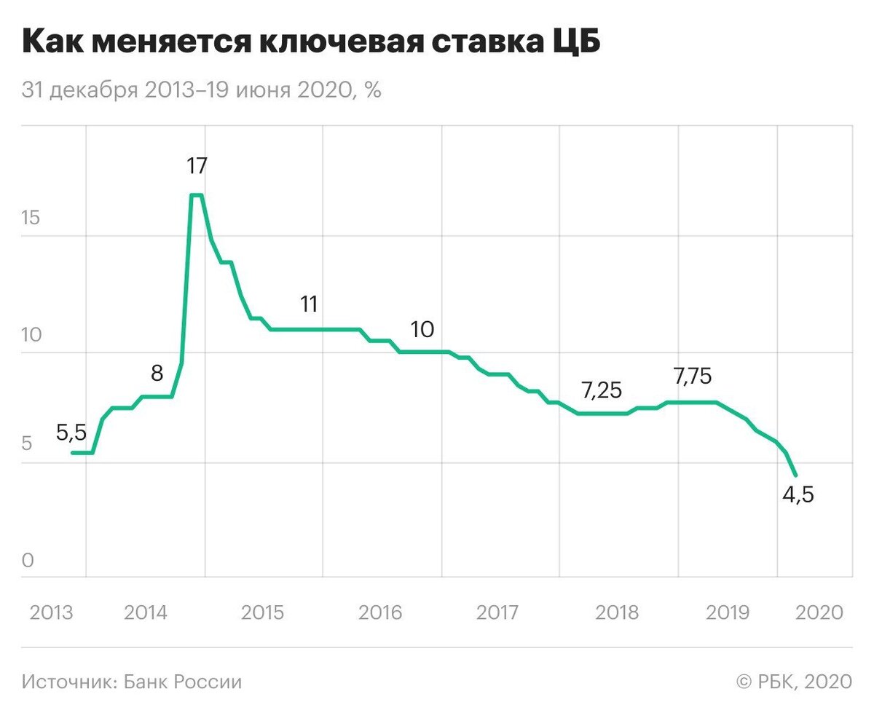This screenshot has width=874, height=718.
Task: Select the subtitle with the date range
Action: pyautogui.click(x=202, y=91)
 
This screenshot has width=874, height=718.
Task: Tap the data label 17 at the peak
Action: pyautogui.click(x=197, y=166)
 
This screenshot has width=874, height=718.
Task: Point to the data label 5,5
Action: pyautogui.click(x=71, y=433)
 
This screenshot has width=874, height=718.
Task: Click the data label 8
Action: pyautogui.click(x=157, y=374)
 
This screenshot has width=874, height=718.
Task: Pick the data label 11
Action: pyautogui.click(x=310, y=304)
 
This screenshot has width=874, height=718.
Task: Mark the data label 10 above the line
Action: pyautogui.click(x=422, y=329)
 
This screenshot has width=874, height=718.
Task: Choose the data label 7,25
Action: pyautogui.click(x=602, y=390)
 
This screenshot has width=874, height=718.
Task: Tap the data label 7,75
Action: pyautogui.click(x=693, y=376)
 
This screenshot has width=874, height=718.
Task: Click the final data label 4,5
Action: pyautogui.click(x=798, y=495)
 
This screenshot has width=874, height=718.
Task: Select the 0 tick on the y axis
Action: pyautogui.click(x=28, y=561)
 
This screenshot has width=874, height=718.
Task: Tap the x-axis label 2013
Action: pyautogui.click(x=51, y=612)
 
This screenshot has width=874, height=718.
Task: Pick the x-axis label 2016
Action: pyautogui.click(x=380, y=612)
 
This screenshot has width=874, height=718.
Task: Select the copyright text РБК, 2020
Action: pyautogui.click(x=794, y=682)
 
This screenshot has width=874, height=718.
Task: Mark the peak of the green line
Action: pyautogui.click(x=196, y=195)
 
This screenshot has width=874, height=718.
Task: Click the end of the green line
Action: pyautogui.click(x=796, y=476)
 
